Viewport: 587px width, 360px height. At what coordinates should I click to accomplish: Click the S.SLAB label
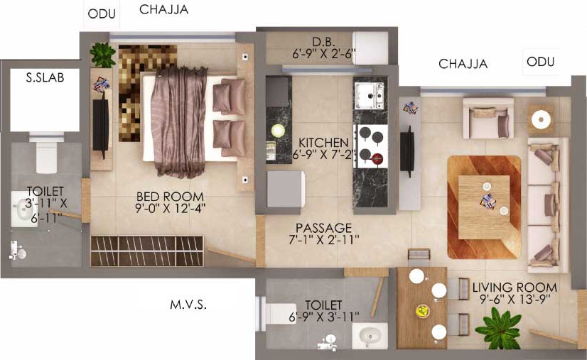[45, 77]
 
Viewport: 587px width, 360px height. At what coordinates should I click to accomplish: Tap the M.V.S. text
[188, 305]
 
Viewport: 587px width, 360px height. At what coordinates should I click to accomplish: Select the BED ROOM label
[170, 197]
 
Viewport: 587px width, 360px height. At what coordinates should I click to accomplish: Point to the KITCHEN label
[323, 143]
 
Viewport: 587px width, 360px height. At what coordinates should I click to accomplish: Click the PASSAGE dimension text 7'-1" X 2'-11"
[324, 239]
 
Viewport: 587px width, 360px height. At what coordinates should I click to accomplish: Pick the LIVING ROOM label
[515, 288]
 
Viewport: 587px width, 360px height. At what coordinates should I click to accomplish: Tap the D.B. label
[324, 41]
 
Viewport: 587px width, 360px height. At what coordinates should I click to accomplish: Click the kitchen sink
[370, 95]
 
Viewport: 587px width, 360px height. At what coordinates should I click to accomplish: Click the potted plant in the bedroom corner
[102, 55]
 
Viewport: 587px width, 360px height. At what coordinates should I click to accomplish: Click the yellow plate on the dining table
[422, 310]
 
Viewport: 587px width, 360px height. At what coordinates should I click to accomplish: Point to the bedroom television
[101, 124]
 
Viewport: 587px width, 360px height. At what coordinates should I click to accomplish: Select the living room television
[407, 151]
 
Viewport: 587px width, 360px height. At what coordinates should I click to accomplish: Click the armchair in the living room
[488, 119]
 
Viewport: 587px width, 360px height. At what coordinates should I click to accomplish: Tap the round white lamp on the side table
[541, 120]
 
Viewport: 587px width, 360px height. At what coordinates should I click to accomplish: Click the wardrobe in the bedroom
[147, 251]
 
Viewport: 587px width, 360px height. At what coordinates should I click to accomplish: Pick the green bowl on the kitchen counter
[278, 131]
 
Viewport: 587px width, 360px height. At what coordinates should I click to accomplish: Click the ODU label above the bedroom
[102, 14]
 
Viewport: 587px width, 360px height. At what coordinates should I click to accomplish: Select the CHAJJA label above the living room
[463, 64]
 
